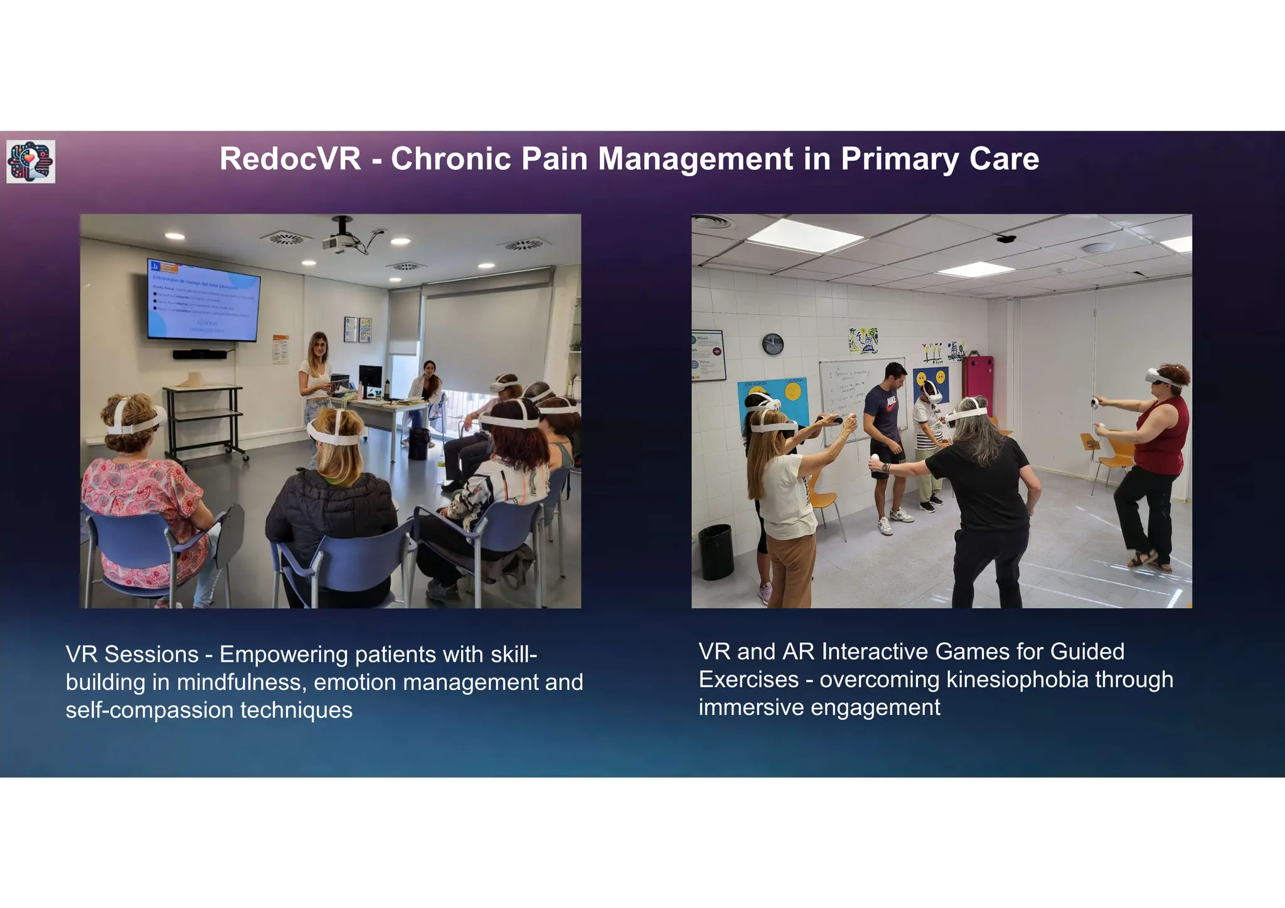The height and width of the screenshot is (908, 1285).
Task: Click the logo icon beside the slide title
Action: point(31,162)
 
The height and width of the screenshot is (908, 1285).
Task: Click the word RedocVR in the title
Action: point(290,159)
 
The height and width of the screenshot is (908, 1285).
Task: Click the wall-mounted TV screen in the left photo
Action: point(203,300)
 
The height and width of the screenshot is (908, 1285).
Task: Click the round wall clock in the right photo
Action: point(772,344)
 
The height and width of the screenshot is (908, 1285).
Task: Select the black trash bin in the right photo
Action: point(715,551)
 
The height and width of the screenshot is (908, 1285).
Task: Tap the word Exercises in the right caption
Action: point(749,679)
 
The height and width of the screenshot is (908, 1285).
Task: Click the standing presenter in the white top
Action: point(315,383)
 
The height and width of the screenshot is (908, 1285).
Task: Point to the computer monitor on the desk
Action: point(370,379)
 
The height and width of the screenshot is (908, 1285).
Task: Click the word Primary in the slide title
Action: point(899,159)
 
